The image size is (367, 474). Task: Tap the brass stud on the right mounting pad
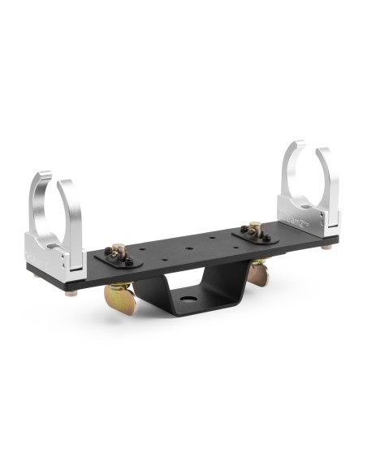point(254,228)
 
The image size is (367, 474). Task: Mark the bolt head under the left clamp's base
point(71,292)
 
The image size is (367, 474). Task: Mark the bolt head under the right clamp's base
point(327,247)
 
